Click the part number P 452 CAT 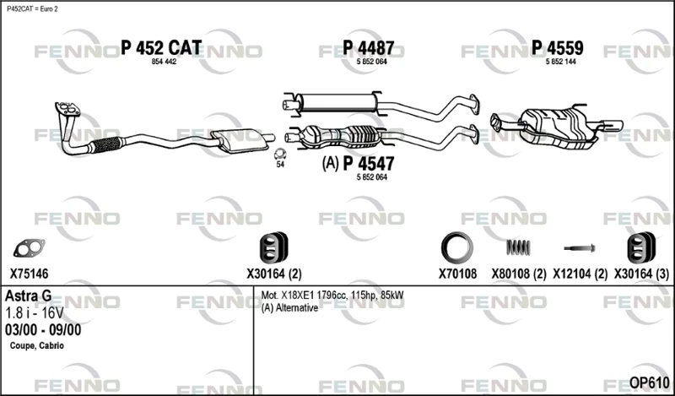161,48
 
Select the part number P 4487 369,48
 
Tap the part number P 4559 558,48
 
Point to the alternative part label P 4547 369,164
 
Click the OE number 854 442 164,62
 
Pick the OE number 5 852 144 561,62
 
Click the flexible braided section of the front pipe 107,144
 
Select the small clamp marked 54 281,154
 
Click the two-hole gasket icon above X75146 29,248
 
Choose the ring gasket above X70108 457,247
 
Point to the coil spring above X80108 518,247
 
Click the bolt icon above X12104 580,248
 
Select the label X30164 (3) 641,274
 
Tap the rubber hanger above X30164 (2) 273,247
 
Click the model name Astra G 29,296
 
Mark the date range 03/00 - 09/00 43,330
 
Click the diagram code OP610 650,382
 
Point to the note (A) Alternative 289,308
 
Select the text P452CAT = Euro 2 32,9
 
